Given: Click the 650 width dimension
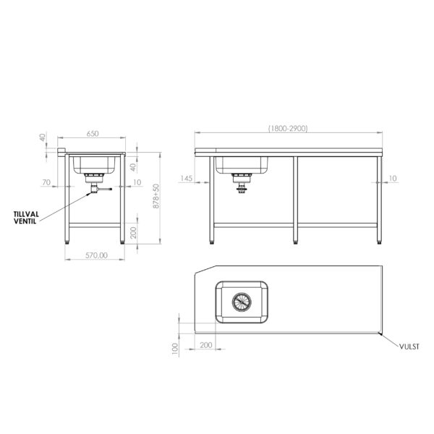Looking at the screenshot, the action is [93, 134].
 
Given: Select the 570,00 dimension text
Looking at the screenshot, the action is [96, 255].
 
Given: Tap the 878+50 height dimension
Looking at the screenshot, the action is [156, 196].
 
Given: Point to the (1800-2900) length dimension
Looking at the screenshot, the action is [288, 129].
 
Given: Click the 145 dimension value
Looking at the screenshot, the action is [186, 179].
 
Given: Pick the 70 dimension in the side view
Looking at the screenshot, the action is [46, 182].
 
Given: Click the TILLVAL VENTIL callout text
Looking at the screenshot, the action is [26, 218].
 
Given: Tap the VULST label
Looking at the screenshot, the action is [409, 346].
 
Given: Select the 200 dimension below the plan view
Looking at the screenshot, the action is [206, 345].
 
